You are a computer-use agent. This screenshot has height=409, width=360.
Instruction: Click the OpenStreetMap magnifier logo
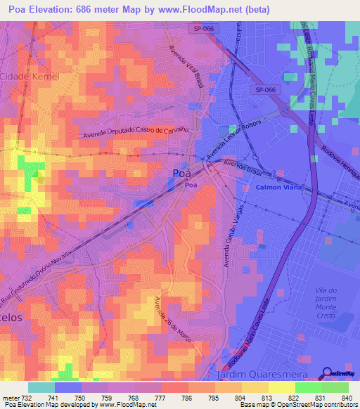(x=327, y=372)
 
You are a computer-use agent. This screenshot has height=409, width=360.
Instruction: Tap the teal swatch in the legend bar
(x=41, y=387)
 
